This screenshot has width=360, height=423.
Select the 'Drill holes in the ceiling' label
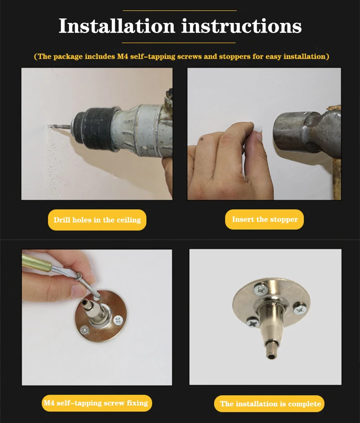(x=97, y=220)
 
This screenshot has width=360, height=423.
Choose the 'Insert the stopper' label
(x=264, y=219)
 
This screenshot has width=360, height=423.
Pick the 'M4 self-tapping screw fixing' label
(x=97, y=403)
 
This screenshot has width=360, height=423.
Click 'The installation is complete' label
(x=269, y=404)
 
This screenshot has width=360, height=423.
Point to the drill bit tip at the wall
(x=49, y=126)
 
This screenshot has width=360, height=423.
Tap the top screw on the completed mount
(x=261, y=290)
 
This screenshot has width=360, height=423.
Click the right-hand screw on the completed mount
(x=300, y=309)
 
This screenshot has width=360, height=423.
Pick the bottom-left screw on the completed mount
(x=253, y=323)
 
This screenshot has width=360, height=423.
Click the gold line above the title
(x=180, y=10)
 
